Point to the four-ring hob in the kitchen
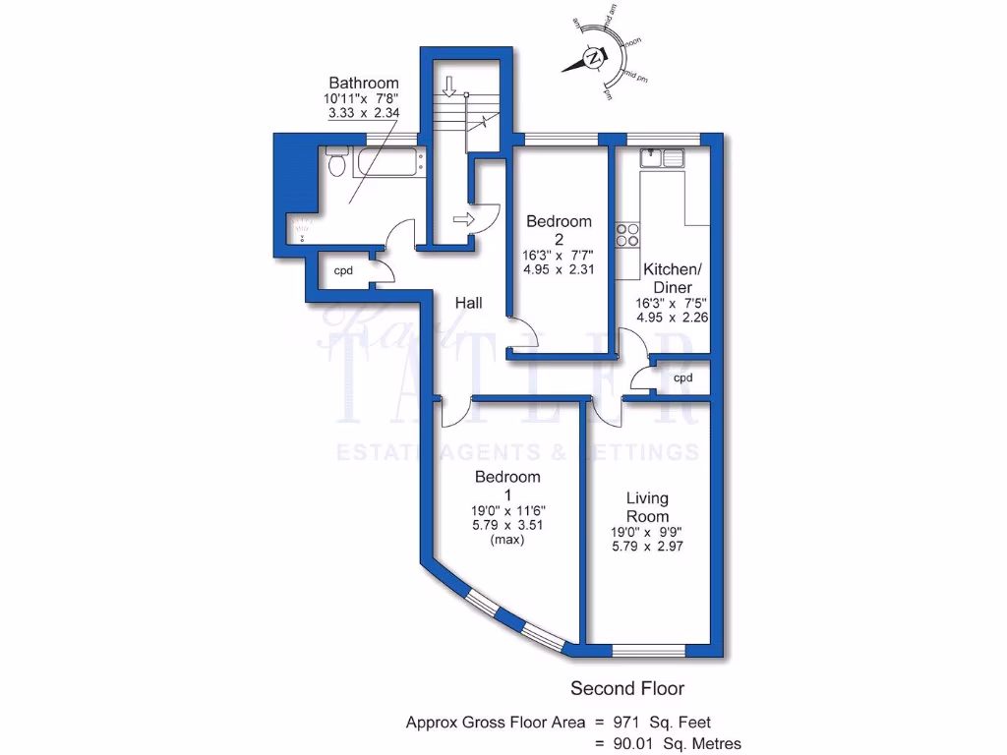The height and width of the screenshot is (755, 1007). pyautogui.click(x=626, y=235)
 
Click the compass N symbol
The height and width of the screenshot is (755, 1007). pyautogui.click(x=593, y=59)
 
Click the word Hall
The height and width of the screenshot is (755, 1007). pyautogui.click(x=468, y=304)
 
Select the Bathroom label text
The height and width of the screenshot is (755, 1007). pyautogui.click(x=363, y=83)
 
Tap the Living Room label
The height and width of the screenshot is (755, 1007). pyautogui.click(x=647, y=507)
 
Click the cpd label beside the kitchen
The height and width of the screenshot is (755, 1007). pyautogui.click(x=682, y=377)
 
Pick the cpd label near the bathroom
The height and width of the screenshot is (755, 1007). pyautogui.click(x=343, y=270)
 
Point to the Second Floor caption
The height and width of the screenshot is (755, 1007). pyautogui.click(x=627, y=688)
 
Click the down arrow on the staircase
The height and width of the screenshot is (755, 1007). pyautogui.click(x=449, y=87)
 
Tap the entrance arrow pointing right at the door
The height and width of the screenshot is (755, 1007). pyautogui.click(x=463, y=219)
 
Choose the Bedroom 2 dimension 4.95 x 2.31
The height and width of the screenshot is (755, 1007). pyautogui.click(x=559, y=267)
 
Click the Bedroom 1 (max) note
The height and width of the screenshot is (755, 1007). pyautogui.click(x=507, y=539)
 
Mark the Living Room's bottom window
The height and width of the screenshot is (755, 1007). pyautogui.click(x=648, y=650)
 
